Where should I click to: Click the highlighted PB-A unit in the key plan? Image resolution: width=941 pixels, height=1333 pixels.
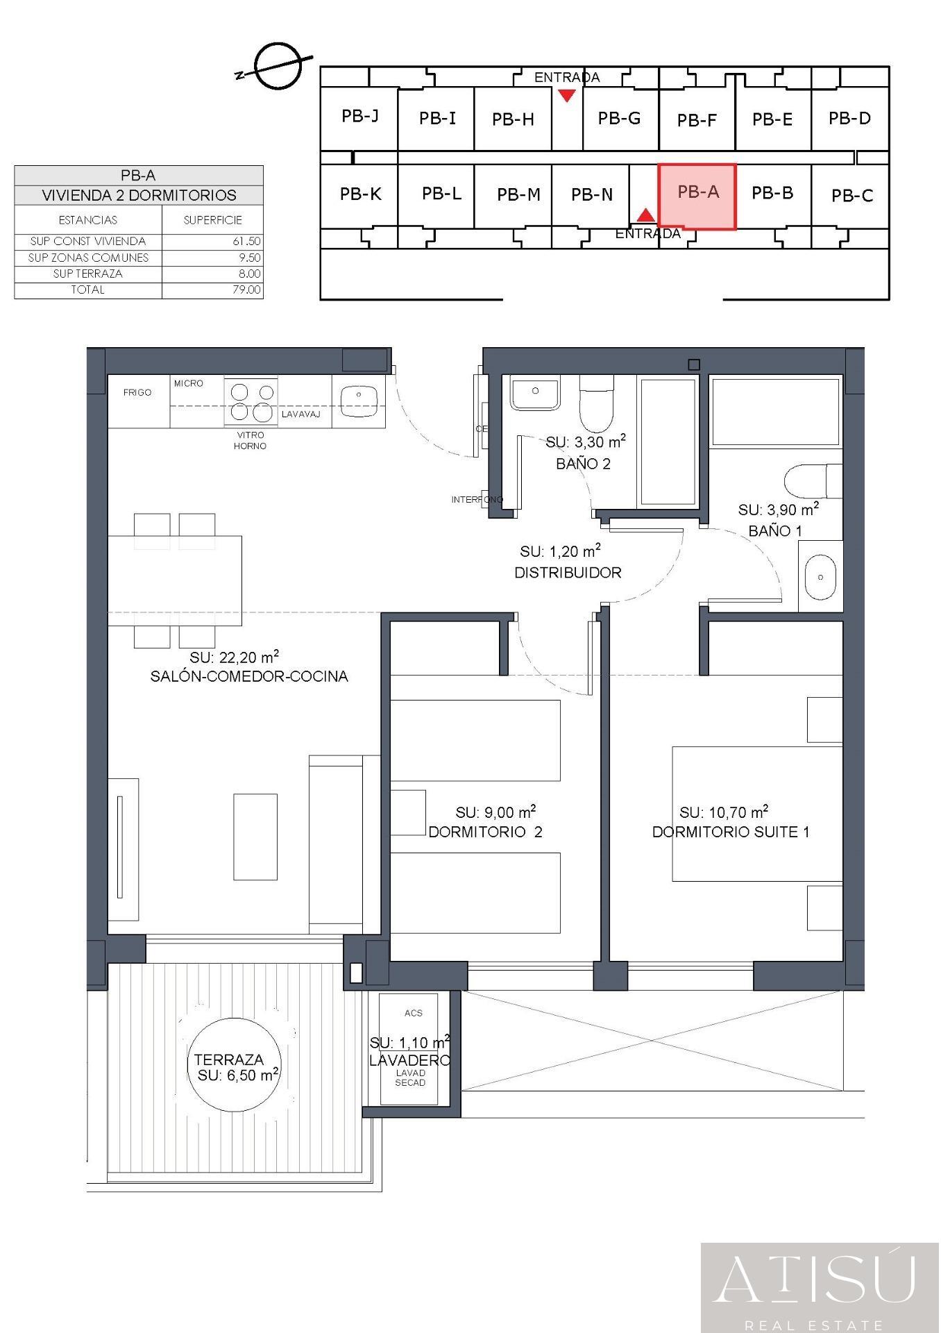(697, 195)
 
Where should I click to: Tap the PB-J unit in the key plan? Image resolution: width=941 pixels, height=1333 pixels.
(359, 116)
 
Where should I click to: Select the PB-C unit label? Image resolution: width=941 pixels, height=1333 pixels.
(851, 196)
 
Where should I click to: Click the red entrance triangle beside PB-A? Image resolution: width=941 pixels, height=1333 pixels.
(646, 215)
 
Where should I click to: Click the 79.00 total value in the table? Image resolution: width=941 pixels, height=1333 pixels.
(246, 290)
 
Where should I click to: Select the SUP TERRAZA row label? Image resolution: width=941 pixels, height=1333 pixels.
(87, 274)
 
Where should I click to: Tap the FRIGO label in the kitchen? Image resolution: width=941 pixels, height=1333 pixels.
(137, 392)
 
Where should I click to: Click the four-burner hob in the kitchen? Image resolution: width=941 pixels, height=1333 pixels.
(251, 402)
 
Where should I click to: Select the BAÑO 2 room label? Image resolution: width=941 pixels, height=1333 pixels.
(583, 464)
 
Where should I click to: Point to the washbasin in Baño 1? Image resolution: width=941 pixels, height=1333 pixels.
(821, 577)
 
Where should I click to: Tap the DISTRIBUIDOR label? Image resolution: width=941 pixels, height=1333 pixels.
(568, 573)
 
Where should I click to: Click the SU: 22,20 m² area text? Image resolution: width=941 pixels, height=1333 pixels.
(235, 657)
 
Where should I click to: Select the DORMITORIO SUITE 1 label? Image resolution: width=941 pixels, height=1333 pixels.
(730, 832)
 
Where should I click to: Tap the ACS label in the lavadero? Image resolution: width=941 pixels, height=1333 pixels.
(413, 1013)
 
